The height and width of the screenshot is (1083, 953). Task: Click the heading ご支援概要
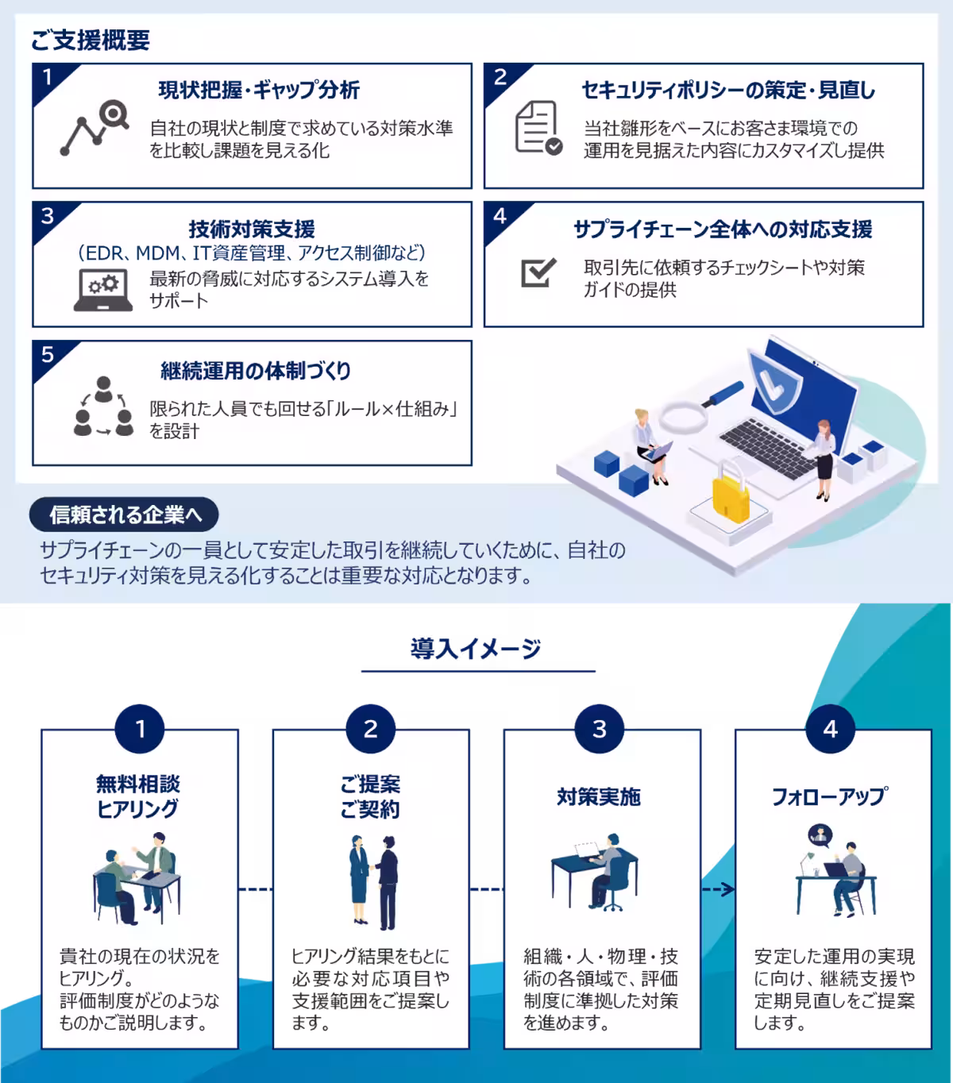point(90,40)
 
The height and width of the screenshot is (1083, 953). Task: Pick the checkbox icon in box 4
point(538,272)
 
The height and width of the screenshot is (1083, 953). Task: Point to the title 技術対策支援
point(252,229)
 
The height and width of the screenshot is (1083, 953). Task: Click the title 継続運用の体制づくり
point(256,371)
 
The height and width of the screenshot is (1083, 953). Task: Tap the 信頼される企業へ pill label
point(124,515)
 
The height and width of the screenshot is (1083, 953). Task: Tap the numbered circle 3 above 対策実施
point(600,728)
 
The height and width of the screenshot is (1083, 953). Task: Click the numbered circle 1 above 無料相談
point(141,728)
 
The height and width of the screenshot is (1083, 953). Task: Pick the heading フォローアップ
point(830,796)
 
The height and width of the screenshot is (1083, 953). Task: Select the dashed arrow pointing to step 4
point(718,890)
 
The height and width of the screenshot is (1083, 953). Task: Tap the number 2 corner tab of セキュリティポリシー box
point(500,77)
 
